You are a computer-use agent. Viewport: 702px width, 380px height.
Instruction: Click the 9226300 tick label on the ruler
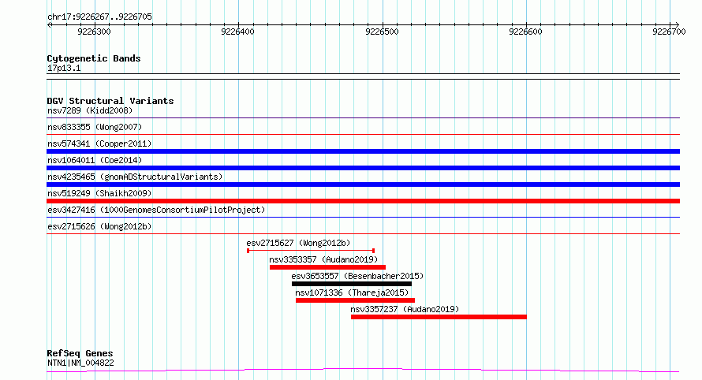(x=94, y=32)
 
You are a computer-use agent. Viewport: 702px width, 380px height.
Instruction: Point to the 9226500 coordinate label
(x=382, y=32)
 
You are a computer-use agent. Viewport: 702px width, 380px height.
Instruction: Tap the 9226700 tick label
(x=669, y=32)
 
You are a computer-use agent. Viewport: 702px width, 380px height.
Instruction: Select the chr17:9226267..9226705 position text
(x=99, y=17)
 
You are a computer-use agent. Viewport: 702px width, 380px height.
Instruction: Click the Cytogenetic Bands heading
(x=94, y=58)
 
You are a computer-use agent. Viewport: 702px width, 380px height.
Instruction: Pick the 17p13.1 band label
(x=64, y=68)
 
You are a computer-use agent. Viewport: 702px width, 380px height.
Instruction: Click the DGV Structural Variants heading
(x=110, y=101)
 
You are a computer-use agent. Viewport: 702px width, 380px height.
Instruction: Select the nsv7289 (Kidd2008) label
(x=90, y=110)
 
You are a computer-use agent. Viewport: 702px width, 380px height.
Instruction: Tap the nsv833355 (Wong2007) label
(x=95, y=127)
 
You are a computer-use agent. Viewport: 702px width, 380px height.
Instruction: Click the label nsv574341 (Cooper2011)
(x=99, y=143)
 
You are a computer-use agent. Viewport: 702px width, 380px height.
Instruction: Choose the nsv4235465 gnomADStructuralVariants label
(x=135, y=177)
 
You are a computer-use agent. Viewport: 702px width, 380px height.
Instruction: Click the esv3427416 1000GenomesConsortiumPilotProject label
(x=156, y=210)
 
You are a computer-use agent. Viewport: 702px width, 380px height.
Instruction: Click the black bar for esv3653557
(x=352, y=284)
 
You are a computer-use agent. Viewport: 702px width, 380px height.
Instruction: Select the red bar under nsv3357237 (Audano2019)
(x=439, y=317)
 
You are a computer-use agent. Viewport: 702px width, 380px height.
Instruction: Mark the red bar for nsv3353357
(x=327, y=267)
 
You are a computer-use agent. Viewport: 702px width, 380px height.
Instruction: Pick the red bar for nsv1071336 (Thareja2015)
(x=355, y=300)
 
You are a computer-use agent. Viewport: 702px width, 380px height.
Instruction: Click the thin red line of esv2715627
(x=311, y=251)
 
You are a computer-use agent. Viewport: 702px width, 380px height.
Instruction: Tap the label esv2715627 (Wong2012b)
(x=298, y=243)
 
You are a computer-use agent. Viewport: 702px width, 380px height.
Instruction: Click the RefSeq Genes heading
(x=80, y=354)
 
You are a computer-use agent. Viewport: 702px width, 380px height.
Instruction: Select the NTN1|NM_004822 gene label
(x=80, y=363)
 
